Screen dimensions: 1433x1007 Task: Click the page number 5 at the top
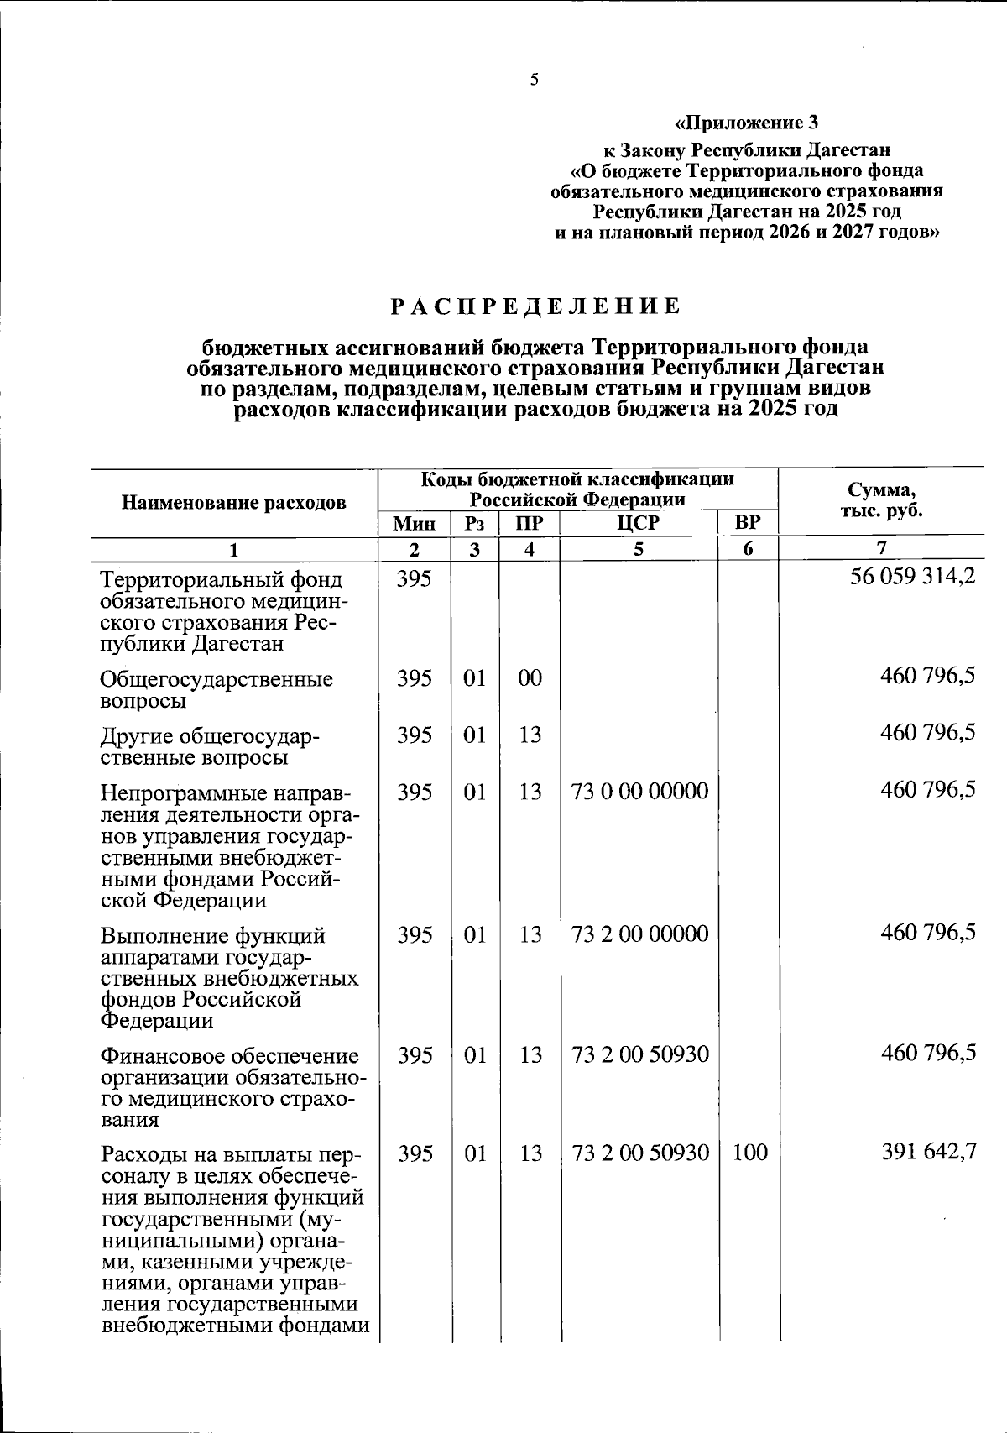534,80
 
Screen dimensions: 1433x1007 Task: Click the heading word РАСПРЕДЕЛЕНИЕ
535,306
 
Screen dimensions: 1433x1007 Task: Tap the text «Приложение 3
746,124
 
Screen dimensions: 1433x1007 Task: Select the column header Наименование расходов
234,503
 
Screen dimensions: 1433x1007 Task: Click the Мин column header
415,524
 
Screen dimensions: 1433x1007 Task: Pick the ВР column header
747,524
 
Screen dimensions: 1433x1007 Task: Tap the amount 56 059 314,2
913,578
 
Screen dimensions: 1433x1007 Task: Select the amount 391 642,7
928,1152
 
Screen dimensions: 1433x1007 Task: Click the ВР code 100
749,1153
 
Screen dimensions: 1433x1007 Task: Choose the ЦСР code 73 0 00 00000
639,791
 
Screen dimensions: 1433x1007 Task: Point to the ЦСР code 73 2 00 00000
639,934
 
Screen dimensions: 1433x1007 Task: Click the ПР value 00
530,677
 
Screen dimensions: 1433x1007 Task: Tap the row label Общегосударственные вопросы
216,689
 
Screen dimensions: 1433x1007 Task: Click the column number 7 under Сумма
880,549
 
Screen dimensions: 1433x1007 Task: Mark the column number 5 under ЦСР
639,550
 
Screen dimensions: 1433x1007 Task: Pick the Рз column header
474,524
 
